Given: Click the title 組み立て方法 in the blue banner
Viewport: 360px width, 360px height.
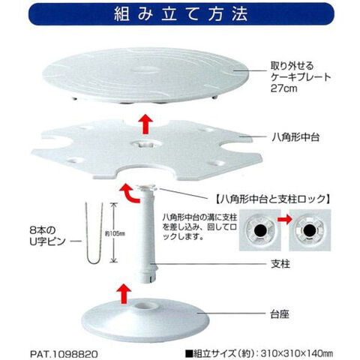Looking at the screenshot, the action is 181,13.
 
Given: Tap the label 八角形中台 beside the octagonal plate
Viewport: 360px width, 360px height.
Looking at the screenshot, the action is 295,137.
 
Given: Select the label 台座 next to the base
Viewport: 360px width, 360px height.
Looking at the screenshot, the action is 280,314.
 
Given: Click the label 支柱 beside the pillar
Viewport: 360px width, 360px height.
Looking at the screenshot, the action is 280,264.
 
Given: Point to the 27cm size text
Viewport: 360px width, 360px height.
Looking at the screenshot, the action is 283,88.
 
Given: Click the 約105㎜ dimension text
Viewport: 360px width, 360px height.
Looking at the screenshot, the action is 115,234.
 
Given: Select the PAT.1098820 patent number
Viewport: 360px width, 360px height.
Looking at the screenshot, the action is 64,354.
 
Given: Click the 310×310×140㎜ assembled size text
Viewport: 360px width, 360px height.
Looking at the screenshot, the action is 297,353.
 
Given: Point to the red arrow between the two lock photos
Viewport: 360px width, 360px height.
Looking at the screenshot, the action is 285,220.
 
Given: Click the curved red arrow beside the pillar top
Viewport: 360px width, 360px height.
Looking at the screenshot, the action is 129,193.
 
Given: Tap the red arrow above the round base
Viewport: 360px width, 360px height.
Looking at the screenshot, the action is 124,293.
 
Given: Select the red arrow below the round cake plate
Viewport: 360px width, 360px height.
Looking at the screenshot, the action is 145,124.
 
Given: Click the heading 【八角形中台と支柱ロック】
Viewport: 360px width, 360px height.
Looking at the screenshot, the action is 272,199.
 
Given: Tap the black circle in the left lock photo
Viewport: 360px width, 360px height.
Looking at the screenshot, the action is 259,229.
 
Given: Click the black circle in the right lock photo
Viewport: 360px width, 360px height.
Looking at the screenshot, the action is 310,229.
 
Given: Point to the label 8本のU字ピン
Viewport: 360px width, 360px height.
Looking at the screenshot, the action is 47,235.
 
